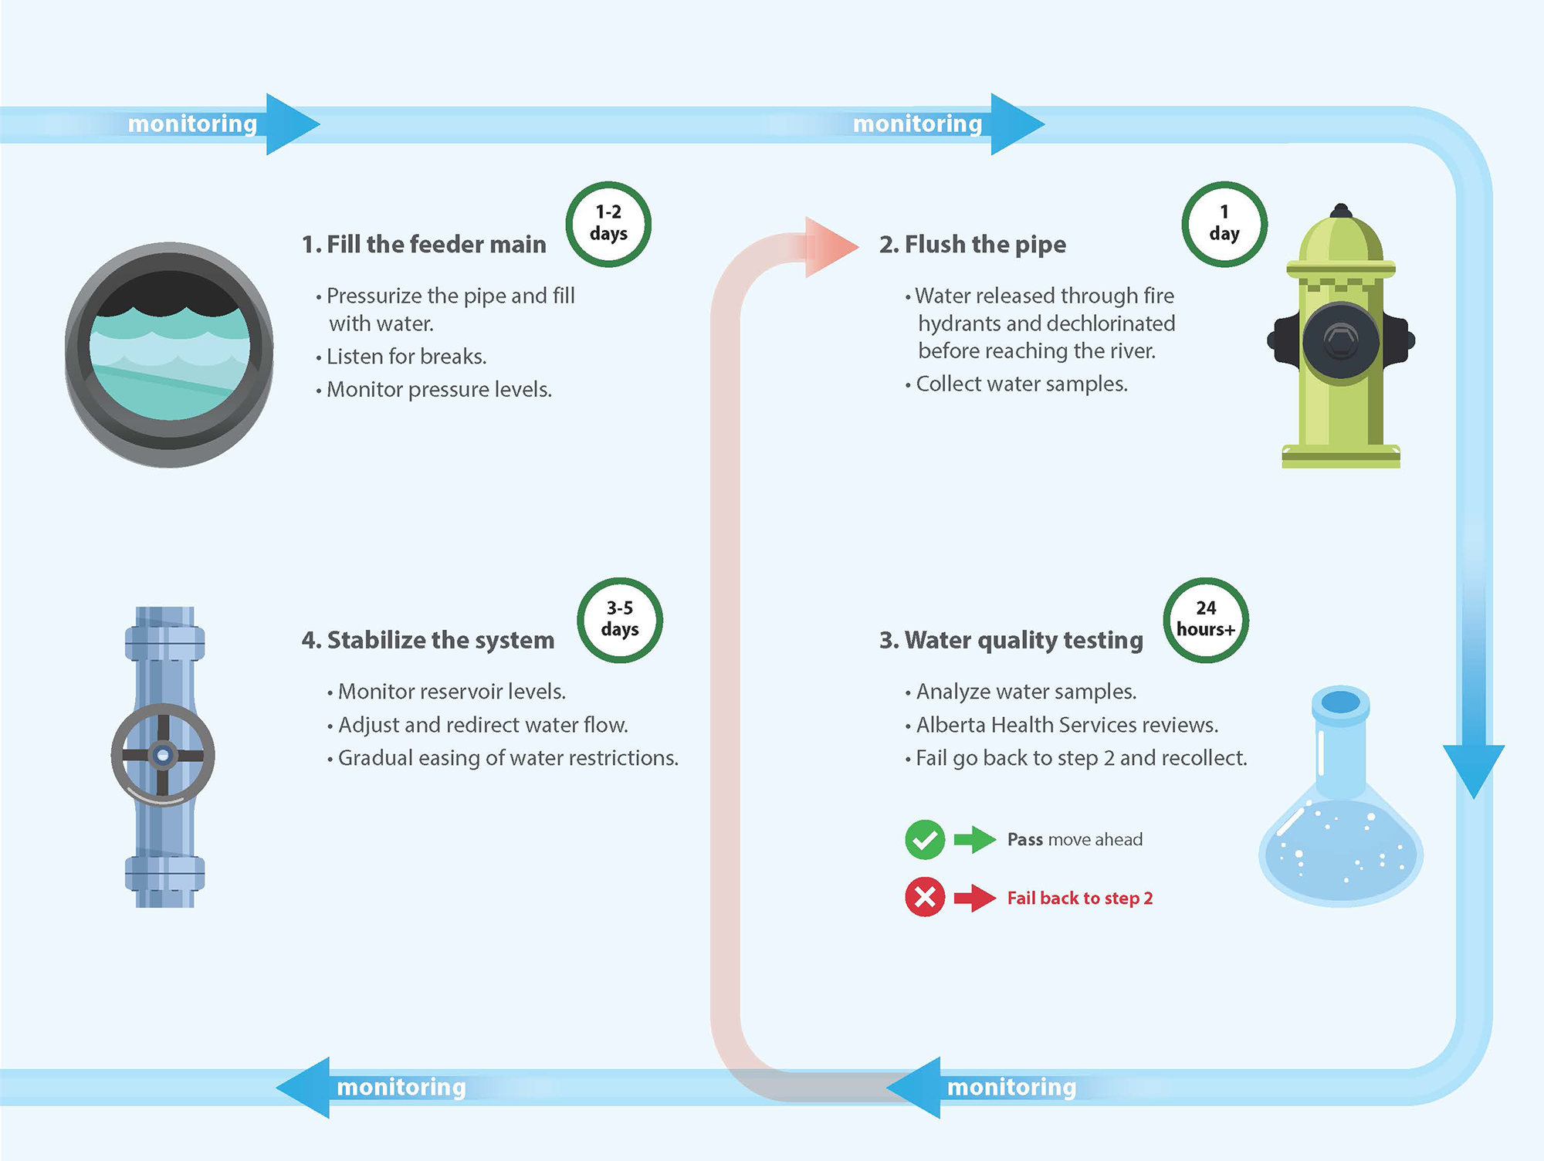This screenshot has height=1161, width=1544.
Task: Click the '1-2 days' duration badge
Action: click(x=608, y=224)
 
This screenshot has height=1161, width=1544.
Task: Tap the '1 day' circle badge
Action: click(x=1224, y=224)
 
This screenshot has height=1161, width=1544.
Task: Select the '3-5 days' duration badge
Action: click(x=620, y=620)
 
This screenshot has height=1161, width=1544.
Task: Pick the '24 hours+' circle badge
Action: click(x=1206, y=620)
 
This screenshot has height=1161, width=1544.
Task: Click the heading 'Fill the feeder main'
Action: click(x=436, y=244)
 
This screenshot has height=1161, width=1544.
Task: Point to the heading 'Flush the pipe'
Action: click(x=985, y=244)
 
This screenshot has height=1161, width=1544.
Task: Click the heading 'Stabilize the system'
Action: click(x=441, y=640)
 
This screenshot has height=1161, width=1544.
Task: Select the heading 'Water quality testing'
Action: click(x=1024, y=640)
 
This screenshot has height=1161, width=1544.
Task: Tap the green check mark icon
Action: click(x=925, y=840)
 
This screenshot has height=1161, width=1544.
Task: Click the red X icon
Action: click(x=925, y=897)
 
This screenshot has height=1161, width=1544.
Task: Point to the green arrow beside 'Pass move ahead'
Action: click(x=975, y=840)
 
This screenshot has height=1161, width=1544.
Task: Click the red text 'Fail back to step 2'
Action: click(x=1080, y=898)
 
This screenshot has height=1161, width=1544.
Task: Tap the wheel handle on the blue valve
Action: click(x=163, y=755)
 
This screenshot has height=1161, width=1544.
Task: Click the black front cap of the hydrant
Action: click(x=1341, y=340)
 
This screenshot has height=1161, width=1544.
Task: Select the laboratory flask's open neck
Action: click(x=1341, y=702)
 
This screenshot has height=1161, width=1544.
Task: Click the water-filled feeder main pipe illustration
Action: click(x=169, y=355)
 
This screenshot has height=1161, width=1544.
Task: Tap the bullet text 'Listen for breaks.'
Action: click(x=407, y=357)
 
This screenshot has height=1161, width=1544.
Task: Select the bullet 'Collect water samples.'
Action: click(x=1021, y=384)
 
